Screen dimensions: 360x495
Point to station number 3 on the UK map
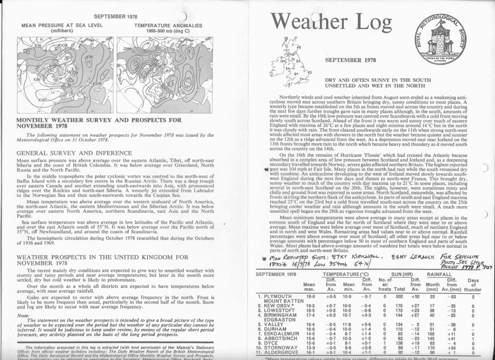click(x=310, y=72)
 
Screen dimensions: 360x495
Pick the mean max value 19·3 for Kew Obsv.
click(x=309, y=306)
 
